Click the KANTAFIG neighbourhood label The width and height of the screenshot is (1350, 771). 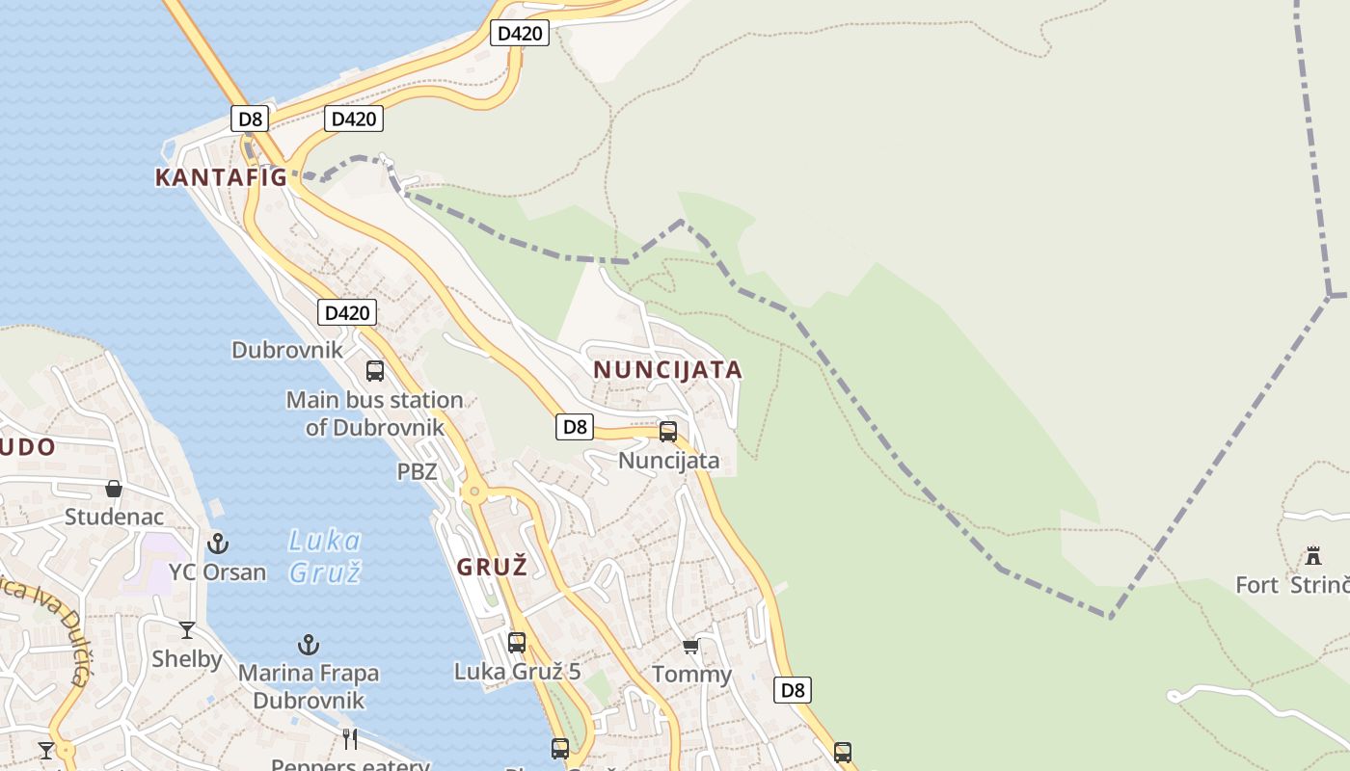221,177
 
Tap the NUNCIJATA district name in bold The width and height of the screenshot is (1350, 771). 667,370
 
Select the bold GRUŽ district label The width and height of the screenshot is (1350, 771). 492,567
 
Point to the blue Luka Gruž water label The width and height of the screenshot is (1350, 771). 325,556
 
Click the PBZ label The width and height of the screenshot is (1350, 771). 417,472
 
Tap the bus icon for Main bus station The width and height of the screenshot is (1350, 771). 375,370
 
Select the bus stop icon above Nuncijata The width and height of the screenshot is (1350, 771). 667,431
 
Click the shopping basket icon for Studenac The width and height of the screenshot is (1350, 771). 114,489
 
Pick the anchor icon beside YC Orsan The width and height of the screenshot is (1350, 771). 219,544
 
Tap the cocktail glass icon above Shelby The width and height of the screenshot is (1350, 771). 187,630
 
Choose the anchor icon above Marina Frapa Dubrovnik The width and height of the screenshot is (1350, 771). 309,644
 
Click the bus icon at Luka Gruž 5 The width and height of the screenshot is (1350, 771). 517,642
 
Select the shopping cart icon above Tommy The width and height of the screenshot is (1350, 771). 690,646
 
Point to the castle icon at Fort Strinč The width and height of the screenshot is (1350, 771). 1312,556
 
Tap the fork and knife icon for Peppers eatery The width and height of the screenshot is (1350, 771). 350,739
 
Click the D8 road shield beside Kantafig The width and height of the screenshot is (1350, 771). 250,120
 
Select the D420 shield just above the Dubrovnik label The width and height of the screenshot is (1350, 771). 347,312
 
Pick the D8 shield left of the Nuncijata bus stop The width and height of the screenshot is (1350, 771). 574,427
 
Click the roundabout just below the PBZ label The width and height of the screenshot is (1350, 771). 473,492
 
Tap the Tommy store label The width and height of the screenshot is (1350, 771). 691,674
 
